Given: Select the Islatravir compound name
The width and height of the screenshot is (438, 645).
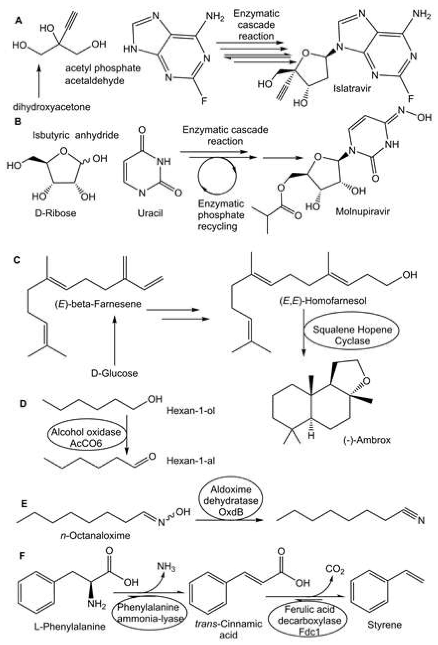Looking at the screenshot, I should pos(352,89).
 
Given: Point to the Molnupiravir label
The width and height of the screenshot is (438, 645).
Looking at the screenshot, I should pos(362,212).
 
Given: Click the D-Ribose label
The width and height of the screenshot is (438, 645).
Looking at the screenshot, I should pos(56,213).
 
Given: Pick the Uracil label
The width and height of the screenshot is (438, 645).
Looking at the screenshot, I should pos(150,213).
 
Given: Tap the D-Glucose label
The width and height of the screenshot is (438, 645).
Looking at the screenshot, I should pos(114,373).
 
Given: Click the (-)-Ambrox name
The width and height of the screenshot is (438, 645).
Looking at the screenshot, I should pos(367,440).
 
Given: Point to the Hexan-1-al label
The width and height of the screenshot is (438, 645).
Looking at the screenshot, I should pos(191,461).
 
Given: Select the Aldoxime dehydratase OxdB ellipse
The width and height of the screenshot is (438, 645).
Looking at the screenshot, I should pos(231,501).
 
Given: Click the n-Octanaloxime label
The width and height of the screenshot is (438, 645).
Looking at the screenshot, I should pos(95,535).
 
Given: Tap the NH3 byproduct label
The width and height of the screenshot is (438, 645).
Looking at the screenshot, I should pos(166,566).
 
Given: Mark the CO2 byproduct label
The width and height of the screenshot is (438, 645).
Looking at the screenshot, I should pos(335,569).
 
